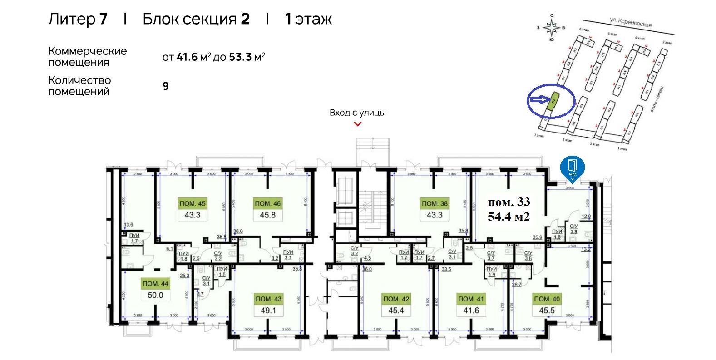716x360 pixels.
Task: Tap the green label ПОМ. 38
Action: click(435, 204)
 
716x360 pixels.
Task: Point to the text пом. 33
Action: click(509, 202)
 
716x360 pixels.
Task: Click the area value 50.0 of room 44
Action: click(155, 295)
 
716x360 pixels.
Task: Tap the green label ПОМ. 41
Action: click(471, 299)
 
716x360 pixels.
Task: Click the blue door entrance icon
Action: click(573, 167)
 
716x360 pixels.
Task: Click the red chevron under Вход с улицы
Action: click(358, 124)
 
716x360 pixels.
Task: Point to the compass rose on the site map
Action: click(552, 28)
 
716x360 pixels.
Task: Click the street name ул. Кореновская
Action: click(631, 23)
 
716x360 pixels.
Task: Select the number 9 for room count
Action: click(166, 86)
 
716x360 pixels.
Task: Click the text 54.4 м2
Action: click(509, 217)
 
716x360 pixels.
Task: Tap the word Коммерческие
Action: click(88, 51)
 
